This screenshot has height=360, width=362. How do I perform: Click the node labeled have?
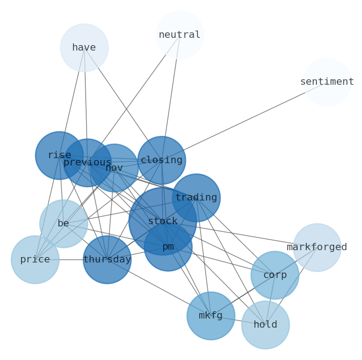(84, 48)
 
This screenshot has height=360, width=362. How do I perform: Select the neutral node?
(180, 35)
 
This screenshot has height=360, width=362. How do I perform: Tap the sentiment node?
(327, 82)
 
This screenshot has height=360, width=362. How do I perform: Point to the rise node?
(59, 155)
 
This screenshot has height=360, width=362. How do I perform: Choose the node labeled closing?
(161, 160)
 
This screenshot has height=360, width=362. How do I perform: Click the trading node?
(196, 198)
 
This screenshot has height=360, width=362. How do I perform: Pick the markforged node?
(317, 247)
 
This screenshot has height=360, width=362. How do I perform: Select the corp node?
(275, 275)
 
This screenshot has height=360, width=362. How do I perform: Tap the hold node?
(265, 325)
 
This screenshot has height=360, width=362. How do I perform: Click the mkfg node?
(211, 316)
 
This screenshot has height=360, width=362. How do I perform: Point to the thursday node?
(107, 260)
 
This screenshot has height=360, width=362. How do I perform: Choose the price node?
(35, 260)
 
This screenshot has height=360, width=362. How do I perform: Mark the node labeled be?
(63, 224)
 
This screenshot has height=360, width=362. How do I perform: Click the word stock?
(163, 221)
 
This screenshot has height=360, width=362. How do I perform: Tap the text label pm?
(168, 247)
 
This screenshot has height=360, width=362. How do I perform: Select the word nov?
(114, 168)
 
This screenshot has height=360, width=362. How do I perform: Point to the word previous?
(87, 163)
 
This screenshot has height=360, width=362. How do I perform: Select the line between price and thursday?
(71, 260)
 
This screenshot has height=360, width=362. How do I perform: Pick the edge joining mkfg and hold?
(238, 320)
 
